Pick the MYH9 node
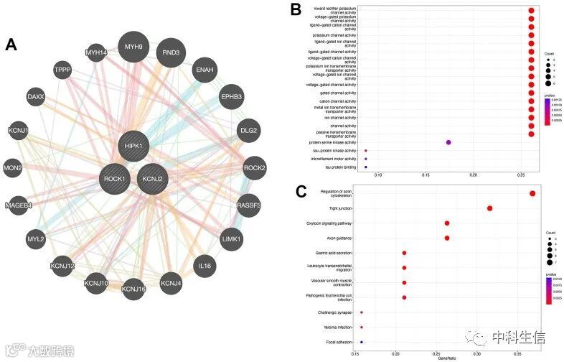click(134, 47)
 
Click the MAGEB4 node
click(19, 204)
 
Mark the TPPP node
click(62, 69)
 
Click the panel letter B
click(296, 9)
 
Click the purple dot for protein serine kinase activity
click(448, 142)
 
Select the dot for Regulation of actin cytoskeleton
click(532, 193)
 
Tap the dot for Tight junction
click(490, 208)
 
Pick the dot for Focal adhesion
click(362, 343)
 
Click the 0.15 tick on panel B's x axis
click(426, 175)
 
